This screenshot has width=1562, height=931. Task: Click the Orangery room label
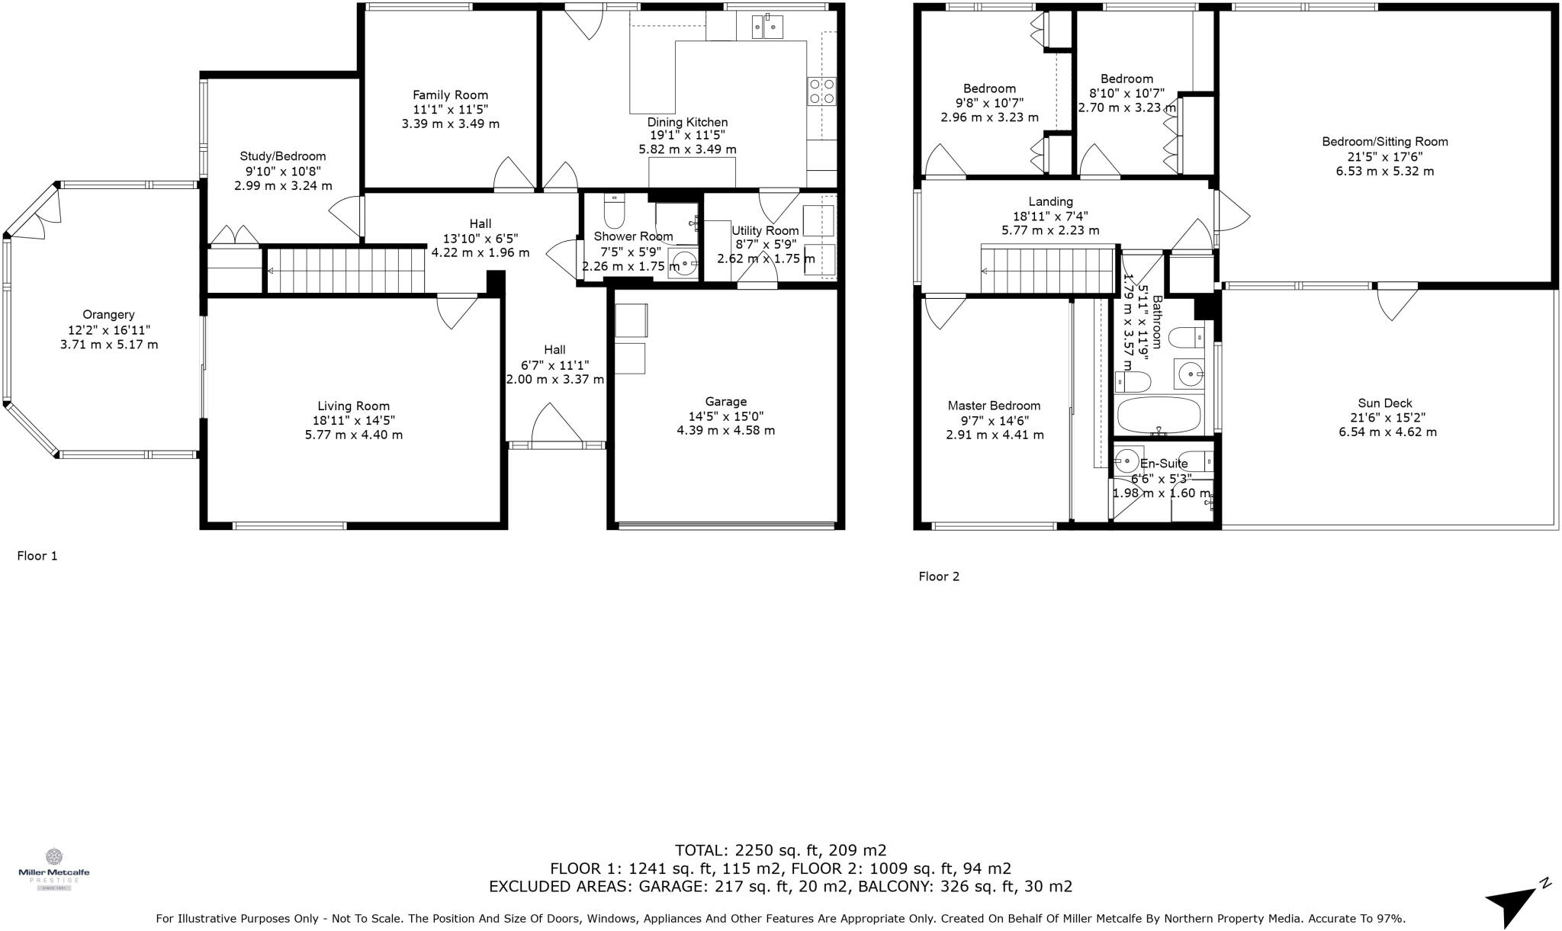tap(108, 314)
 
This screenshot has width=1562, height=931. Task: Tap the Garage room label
tap(725, 402)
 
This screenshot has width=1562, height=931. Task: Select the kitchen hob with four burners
tap(821, 91)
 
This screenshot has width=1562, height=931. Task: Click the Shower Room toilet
tap(614, 211)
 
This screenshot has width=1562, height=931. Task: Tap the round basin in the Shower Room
tap(685, 264)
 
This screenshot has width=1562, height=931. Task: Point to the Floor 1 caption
tap(37, 556)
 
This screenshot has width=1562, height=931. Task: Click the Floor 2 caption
tap(939, 576)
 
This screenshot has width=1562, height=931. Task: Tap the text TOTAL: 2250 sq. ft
tap(780, 850)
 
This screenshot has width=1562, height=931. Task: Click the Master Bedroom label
tap(994, 406)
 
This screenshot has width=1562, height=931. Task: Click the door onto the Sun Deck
tap(1397, 302)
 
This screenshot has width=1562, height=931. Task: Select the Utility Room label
tap(765, 230)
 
